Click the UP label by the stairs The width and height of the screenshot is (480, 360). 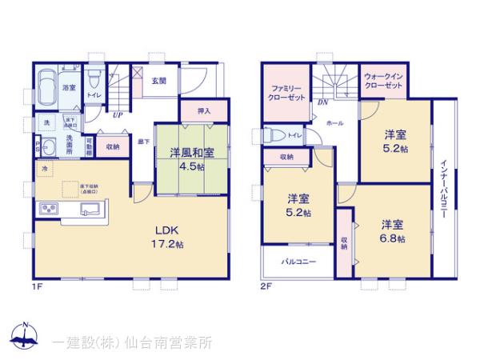click(x=118, y=115)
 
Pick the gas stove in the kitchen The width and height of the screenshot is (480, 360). click(x=46, y=210)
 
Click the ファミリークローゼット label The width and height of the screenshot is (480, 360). click(x=285, y=90)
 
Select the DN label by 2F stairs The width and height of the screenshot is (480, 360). click(x=322, y=103)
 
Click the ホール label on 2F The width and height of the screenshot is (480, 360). click(x=335, y=124)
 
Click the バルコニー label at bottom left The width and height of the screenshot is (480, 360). click(x=298, y=262)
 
